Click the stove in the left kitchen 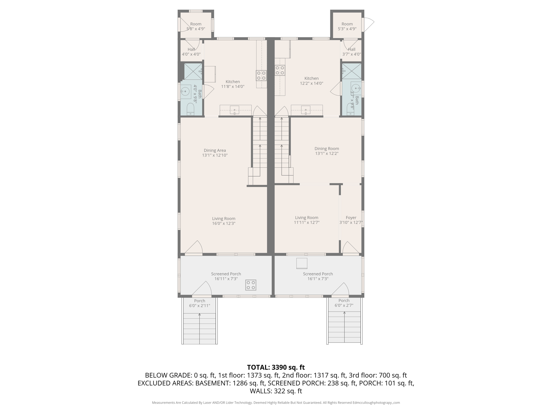[261, 75]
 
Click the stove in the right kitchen [280, 70]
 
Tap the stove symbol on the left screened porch [251, 285]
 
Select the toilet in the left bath [190, 109]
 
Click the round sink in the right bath [356, 88]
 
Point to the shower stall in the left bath [193, 71]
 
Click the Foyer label [351, 218]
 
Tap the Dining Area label [215, 150]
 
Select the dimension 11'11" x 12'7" [306, 223]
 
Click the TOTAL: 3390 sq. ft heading [276, 367]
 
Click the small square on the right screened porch [302, 263]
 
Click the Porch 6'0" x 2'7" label [344, 303]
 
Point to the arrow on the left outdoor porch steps [199, 315]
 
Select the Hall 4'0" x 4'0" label [191, 52]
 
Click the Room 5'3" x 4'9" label [347, 26]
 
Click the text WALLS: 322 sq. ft [276, 391]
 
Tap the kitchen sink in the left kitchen [234, 110]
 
